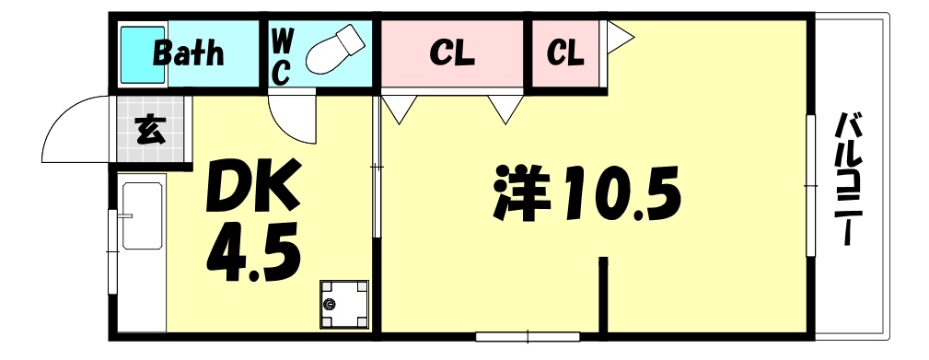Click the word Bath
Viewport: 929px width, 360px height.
click(188, 52)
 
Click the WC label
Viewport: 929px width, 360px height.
click(283, 55)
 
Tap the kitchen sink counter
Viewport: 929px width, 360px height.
click(142, 216)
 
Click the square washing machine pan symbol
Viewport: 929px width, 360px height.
click(343, 304)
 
